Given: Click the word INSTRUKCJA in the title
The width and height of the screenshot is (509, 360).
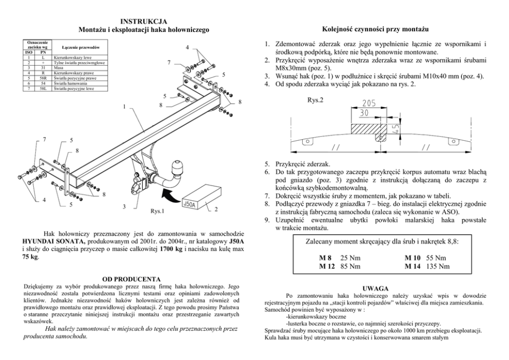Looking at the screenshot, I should [143, 21].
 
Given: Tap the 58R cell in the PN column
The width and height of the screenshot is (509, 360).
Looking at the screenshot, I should [45, 78].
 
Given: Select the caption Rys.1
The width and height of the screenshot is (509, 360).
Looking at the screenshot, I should [157, 211].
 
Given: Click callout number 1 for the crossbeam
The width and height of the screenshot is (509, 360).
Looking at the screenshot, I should [124, 107].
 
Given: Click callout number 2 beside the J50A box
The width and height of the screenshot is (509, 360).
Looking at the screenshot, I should [216, 209].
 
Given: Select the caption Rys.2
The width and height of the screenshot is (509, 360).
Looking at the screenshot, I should [316, 100].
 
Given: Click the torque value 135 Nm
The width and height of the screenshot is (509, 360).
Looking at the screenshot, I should [439, 266].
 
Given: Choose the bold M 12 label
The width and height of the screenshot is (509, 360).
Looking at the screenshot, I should [326, 266].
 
